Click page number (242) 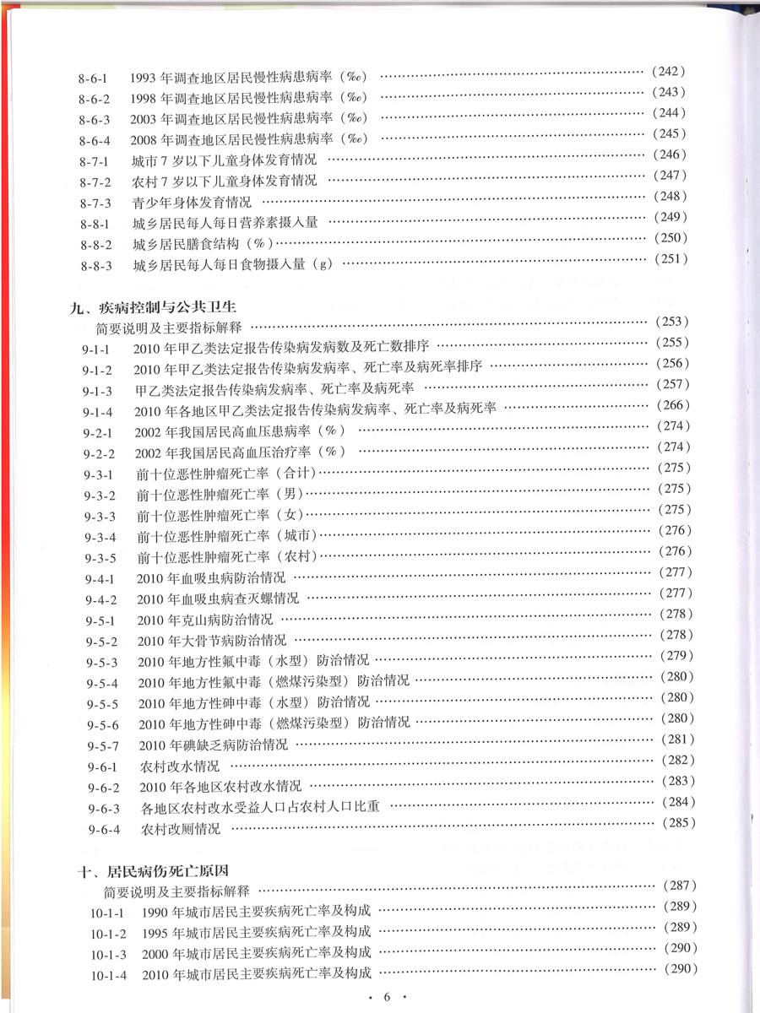[669, 72]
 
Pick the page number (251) [670, 259]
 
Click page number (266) [673, 405]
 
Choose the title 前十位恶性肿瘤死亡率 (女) [219, 515]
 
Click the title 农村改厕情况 [181, 829]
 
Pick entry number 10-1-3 [108, 955]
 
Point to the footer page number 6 [387, 997]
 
